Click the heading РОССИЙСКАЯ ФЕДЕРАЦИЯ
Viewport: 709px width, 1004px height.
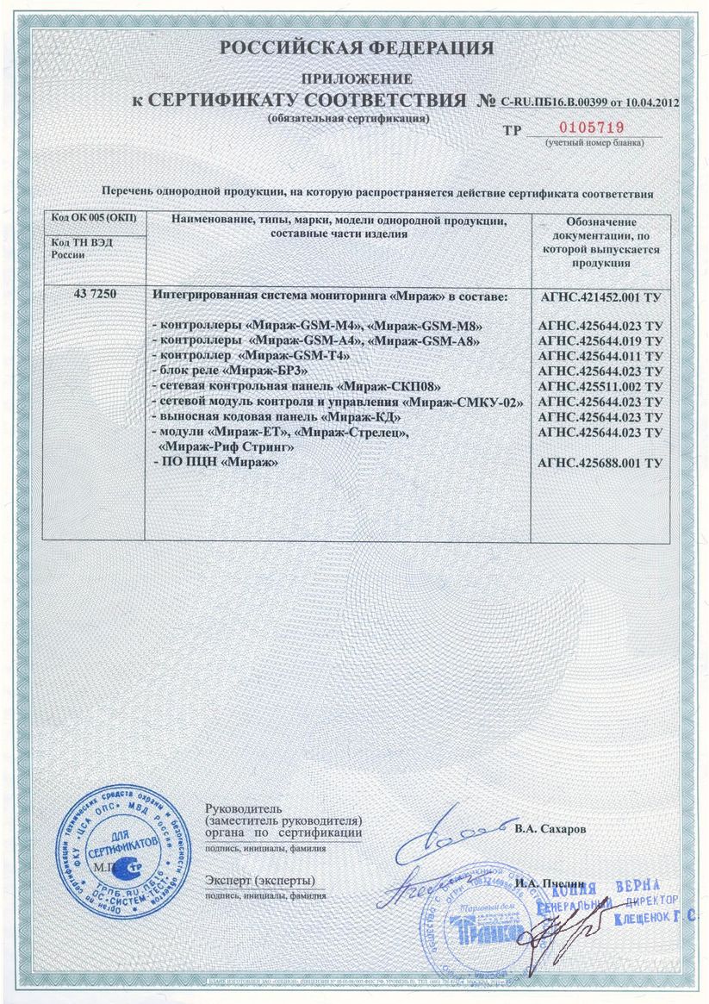[x=357, y=48]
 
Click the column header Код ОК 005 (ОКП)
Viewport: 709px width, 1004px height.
[x=95, y=221]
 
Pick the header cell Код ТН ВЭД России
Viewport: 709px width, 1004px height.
[x=82, y=249]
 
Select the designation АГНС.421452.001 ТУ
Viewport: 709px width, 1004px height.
[x=600, y=297]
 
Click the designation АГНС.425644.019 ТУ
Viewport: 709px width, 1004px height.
[x=600, y=341]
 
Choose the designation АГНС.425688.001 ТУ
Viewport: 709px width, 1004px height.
[x=600, y=464]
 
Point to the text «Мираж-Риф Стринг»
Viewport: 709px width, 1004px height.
[x=227, y=448]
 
